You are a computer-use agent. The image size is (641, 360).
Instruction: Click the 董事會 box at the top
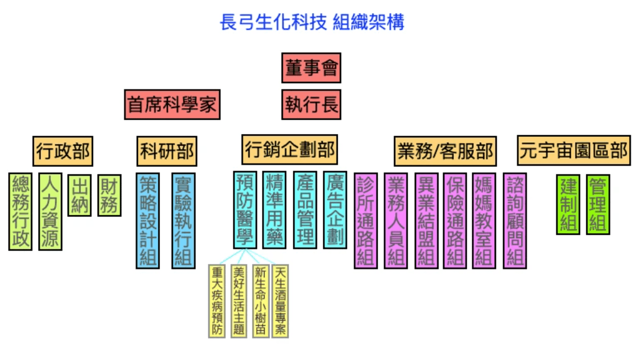[x=311, y=68]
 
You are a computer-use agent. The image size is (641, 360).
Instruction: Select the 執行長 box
[x=311, y=104]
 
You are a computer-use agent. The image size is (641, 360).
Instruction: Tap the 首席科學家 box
[x=172, y=104]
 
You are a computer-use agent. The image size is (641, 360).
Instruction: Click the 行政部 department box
[x=63, y=151]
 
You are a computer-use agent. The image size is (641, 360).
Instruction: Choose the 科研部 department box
[x=167, y=151]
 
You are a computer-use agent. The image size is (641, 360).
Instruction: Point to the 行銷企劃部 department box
[x=290, y=149]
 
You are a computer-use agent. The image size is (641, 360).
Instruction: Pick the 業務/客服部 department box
[x=445, y=151]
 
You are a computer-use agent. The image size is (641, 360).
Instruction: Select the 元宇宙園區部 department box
[x=574, y=150]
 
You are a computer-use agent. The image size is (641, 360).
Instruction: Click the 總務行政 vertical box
[x=21, y=212]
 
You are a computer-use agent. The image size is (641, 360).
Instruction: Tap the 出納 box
[x=80, y=196]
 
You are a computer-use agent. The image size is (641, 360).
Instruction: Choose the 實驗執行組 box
[x=183, y=220]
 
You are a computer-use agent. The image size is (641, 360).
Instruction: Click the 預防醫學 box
[x=245, y=209]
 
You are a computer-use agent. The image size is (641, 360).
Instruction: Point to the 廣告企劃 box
[x=335, y=209]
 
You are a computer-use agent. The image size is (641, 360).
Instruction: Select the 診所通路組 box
[x=365, y=220]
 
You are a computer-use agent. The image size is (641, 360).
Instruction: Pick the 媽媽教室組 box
[x=484, y=220]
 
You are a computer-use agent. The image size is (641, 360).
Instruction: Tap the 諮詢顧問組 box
[x=515, y=220]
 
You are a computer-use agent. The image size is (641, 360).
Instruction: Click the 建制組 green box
[x=568, y=204]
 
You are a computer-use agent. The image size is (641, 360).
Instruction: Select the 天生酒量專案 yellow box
[x=280, y=301]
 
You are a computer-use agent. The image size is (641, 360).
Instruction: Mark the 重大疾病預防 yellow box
[x=217, y=301]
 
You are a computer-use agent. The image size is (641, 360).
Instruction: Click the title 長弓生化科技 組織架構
[x=312, y=23]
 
